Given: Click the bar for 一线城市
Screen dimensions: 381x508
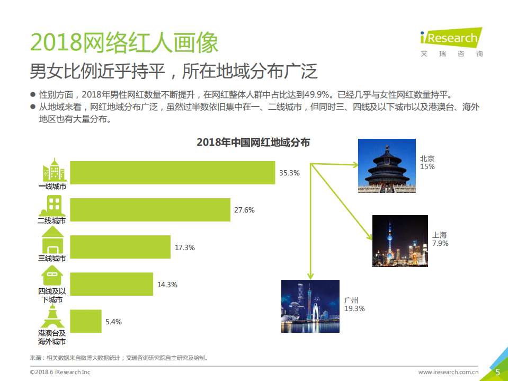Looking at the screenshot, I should (172, 173).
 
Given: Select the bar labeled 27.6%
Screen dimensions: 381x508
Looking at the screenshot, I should (150, 210).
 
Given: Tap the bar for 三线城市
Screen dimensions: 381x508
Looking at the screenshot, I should (120, 247).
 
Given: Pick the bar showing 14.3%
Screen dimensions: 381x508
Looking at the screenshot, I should (111, 285).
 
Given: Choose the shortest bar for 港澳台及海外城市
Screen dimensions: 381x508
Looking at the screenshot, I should (85, 322).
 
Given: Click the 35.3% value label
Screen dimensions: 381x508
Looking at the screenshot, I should (290, 173).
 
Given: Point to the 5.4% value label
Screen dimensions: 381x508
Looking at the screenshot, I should (114, 322).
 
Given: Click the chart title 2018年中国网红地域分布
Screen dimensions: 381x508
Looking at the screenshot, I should (253, 143).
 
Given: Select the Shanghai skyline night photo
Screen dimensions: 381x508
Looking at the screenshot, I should (400, 241).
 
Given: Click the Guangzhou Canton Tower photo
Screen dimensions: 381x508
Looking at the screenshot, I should (310, 306).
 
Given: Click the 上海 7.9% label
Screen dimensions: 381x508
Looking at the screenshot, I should (440, 239).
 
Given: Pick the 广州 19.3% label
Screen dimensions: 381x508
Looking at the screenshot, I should (354, 304).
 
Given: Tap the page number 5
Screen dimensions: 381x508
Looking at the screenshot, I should (497, 372).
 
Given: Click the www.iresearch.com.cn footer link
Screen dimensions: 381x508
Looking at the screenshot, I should (449, 372).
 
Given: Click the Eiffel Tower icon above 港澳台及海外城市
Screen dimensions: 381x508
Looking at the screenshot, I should (52, 317).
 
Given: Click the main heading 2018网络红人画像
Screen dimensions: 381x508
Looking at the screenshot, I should (124, 42).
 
